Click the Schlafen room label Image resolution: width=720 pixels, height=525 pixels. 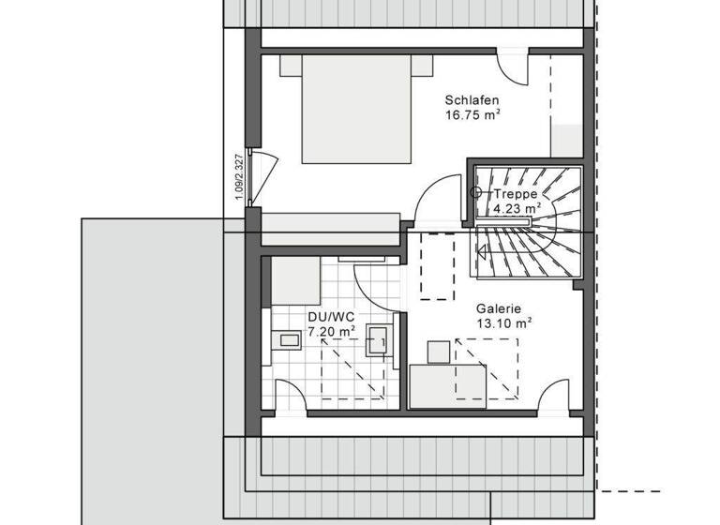tap(472, 100)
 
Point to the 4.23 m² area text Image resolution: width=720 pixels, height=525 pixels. tap(517, 208)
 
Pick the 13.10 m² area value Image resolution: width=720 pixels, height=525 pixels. tap(503, 322)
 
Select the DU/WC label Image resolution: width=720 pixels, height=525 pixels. tap(331, 317)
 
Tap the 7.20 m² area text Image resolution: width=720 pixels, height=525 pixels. tap(331, 331)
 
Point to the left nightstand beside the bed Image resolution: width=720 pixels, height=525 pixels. tap(291, 65)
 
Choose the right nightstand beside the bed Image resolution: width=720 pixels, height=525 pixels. tap(423, 65)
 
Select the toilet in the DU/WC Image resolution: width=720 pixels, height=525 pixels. tap(286, 340)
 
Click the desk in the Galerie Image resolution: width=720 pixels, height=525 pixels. tap(448, 385)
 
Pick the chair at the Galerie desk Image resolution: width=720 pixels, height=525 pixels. tap(439, 352)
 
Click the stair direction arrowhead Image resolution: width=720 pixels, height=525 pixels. tap(483, 250)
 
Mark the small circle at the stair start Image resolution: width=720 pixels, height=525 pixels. tap(476, 192)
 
